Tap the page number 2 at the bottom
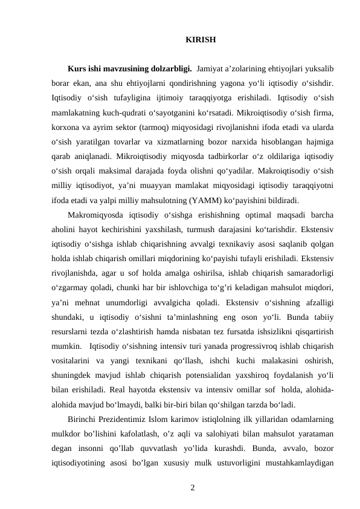tap(192, 485)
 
